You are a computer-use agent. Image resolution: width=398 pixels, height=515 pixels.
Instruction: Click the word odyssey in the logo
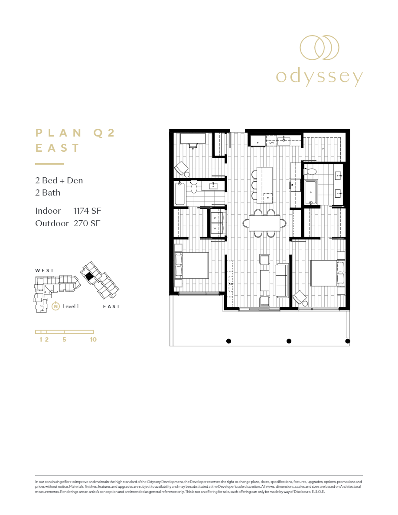pyautogui.click(x=319, y=77)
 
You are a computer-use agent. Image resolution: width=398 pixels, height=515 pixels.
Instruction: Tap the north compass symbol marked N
pyautogui.click(x=55, y=306)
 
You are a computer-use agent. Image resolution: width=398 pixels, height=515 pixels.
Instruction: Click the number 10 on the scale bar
pyautogui.click(x=93, y=340)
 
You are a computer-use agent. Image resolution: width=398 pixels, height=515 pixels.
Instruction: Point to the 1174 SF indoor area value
pyautogui.click(x=88, y=211)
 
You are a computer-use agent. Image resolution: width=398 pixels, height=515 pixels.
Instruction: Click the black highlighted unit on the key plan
pyautogui.click(x=89, y=276)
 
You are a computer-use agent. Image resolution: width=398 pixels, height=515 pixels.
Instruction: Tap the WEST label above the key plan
pyautogui.click(x=45, y=271)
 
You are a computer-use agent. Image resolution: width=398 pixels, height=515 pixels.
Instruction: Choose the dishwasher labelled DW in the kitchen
pyautogui.click(x=272, y=142)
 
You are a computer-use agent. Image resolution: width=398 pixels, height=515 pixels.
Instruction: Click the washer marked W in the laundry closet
pyautogui.click(x=215, y=228)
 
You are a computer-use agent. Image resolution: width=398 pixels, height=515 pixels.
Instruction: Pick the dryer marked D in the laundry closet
pyautogui.click(x=215, y=217)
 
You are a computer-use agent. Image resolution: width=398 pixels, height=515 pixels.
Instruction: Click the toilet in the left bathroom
pyautogui.click(x=194, y=188)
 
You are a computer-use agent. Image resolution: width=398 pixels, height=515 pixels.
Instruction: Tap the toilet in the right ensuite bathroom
pyautogui.click(x=310, y=171)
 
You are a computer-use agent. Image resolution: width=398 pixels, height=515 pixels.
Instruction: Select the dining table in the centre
pyautogui.click(x=264, y=223)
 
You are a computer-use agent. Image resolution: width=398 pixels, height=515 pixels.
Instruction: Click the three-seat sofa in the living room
pyautogui.click(x=282, y=280)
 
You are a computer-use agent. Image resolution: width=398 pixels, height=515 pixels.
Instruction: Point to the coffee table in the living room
pyautogui.click(x=264, y=280)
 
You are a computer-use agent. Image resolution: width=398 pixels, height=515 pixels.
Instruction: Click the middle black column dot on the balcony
pyautogui.click(x=289, y=341)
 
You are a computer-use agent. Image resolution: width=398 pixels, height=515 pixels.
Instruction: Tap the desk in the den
pyautogui.click(x=192, y=138)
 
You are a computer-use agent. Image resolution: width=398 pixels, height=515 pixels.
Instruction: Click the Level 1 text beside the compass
pyautogui.click(x=71, y=306)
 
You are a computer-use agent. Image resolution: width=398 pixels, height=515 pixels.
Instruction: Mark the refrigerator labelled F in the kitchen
pyautogui.click(x=258, y=141)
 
